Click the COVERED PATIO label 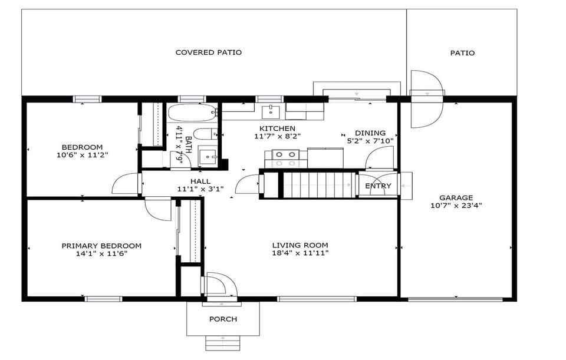pos(208,52)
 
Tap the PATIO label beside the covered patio pos(462,53)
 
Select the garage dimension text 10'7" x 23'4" pos(456,206)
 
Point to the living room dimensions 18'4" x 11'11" pos(300,253)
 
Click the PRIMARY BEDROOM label pos(101,246)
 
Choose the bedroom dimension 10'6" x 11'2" pos(82,155)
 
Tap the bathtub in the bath pos(192,113)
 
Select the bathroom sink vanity pos(208,156)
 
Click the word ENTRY pos(378,186)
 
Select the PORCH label pos(223,319)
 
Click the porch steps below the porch pos(223,343)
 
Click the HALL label pos(200,181)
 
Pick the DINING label pos(370,133)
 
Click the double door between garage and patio pos(426,99)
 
